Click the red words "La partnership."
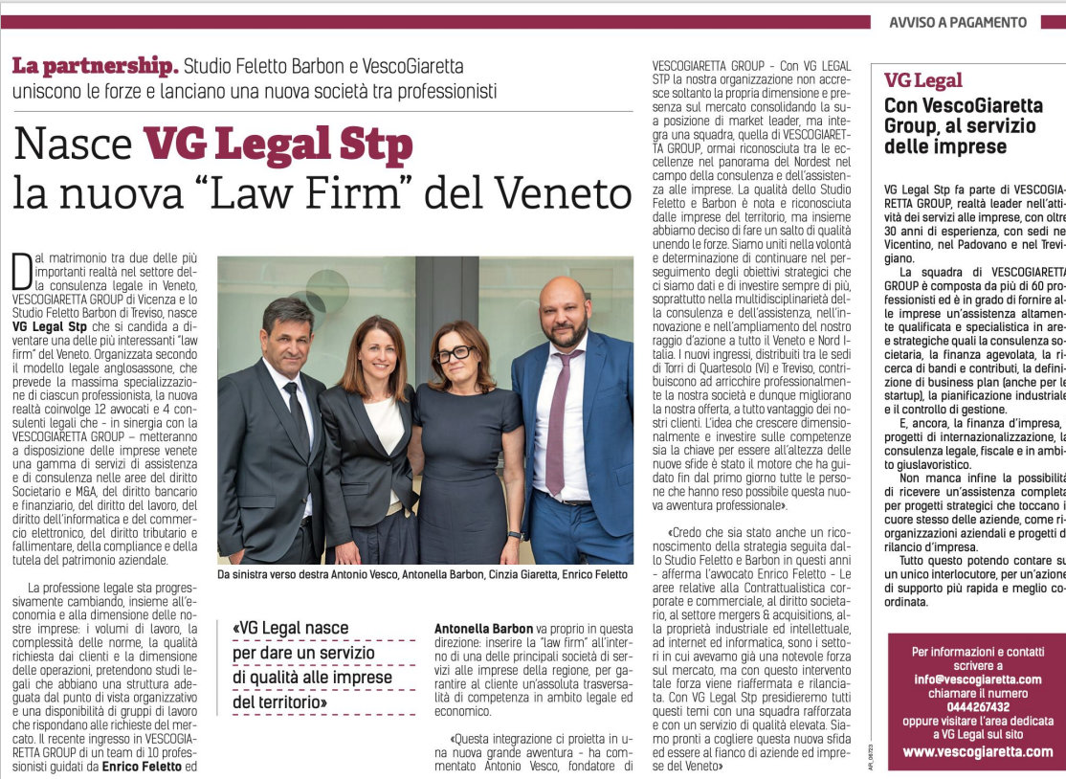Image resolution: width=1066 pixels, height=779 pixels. pos(95,67)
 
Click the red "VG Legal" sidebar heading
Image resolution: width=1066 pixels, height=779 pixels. pos(922,81)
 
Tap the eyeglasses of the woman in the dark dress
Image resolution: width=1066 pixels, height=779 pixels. pos(454,354)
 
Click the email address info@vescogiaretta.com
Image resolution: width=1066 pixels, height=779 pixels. pos(977,679)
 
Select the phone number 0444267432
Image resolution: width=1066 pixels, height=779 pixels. pos(977,706)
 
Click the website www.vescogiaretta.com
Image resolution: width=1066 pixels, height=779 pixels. pos(977,751)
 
